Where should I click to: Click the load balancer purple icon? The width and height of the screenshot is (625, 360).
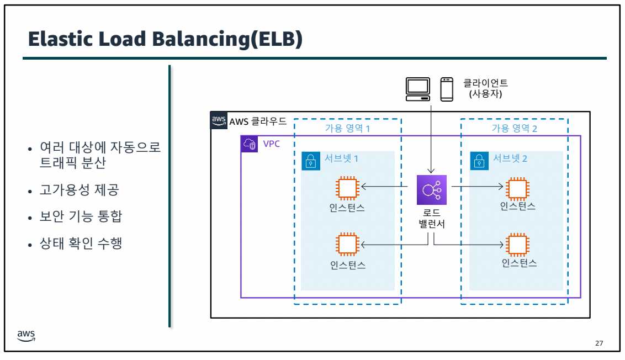tap(431, 189)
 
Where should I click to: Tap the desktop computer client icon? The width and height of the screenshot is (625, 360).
tap(418, 89)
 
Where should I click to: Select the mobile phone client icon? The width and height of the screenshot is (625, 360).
tap(447, 89)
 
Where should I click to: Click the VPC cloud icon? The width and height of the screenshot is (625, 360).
tap(250, 144)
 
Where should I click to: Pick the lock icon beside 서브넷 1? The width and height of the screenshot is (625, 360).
tap(310, 161)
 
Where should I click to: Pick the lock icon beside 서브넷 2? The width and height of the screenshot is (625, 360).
tap(479, 161)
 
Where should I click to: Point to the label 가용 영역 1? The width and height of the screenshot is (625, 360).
tap(347, 128)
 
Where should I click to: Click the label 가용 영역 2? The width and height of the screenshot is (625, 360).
tap(515, 128)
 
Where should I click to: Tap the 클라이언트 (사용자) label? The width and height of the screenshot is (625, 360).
tap(485, 88)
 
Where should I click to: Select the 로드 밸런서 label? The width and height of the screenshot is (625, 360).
tap(431, 219)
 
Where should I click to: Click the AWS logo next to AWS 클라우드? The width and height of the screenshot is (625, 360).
tap(219, 120)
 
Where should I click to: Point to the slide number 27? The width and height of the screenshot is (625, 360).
tap(599, 344)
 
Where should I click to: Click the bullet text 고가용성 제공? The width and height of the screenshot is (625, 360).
tap(80, 190)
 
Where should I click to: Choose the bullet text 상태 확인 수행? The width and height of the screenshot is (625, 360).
tap(81, 242)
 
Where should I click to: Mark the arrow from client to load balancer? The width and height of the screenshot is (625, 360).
tap(431, 138)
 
